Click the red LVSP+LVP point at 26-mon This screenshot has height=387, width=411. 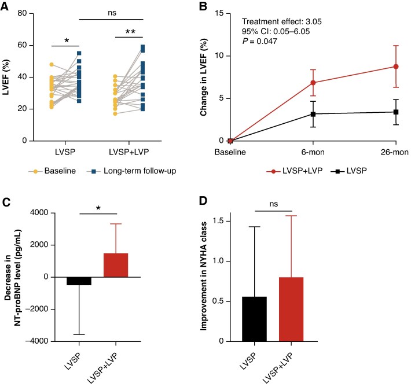[x=396, y=67]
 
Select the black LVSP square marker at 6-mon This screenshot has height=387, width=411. [x=313, y=114]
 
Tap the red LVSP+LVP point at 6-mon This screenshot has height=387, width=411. [x=313, y=83]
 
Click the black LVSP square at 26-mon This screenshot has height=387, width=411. [x=396, y=112]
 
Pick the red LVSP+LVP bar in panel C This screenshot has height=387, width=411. [x=116, y=265]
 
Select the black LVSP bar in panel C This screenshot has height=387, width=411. [x=79, y=281]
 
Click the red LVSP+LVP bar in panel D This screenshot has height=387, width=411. [x=291, y=309]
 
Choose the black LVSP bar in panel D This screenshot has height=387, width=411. [x=254, y=319]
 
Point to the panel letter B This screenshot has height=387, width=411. [x=203, y=6]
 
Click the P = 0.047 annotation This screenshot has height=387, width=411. [x=259, y=41]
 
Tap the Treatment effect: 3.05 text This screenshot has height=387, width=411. [x=281, y=21]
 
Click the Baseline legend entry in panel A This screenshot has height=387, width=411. [x=52, y=171]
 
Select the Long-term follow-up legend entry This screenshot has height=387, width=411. [x=131, y=171]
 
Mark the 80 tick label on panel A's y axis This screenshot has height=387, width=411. [x=22, y=13]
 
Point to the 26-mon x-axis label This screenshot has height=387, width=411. [x=395, y=152]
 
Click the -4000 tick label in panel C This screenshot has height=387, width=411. [x=37, y=341]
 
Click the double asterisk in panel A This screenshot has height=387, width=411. [x=130, y=32]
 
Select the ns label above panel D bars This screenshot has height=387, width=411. [x=274, y=204]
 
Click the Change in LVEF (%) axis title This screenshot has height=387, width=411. [x=204, y=77]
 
